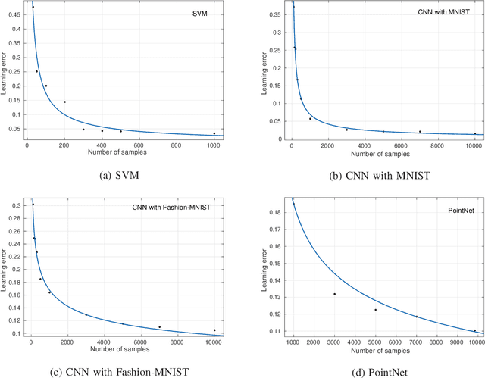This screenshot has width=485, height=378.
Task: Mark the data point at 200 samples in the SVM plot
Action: coord(64,102)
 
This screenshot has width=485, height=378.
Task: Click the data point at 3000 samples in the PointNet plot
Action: coord(334,273)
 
